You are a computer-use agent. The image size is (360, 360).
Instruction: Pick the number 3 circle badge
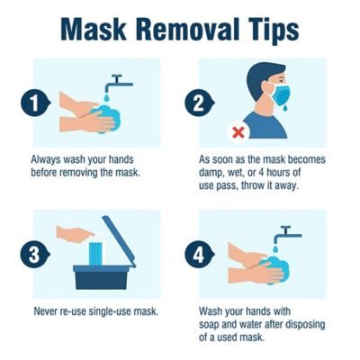click(x=34, y=255)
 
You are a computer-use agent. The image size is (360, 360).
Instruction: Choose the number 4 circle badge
click(x=202, y=255)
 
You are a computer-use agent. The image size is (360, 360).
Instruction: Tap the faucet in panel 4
click(x=288, y=236)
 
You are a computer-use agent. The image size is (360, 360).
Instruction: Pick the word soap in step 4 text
click(x=211, y=324)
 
